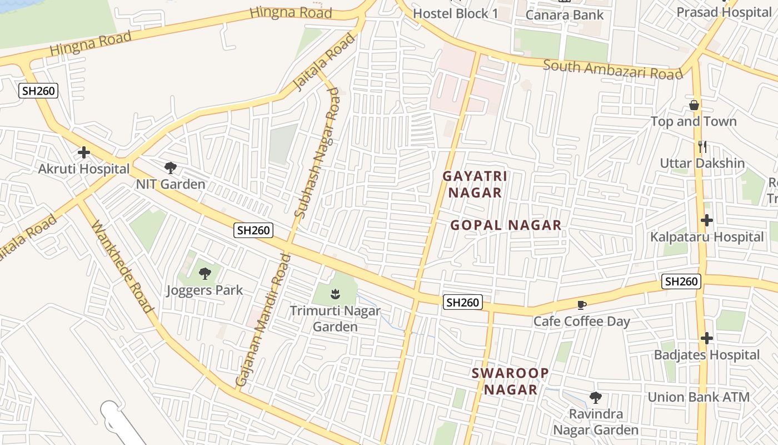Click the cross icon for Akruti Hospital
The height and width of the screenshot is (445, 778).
click(84, 152)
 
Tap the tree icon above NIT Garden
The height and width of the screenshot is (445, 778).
click(171, 167)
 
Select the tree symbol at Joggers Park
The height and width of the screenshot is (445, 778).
click(205, 273)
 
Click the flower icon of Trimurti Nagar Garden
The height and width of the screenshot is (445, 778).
click(335, 293)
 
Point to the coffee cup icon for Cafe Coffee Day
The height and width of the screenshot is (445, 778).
click(582, 304)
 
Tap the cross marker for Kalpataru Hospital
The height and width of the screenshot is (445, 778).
click(707, 220)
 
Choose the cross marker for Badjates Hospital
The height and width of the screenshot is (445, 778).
click(707, 338)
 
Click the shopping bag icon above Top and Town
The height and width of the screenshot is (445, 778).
click(694, 105)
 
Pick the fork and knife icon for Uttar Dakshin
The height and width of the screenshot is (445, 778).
click(702, 147)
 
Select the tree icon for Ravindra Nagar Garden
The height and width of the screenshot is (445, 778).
click(596, 398)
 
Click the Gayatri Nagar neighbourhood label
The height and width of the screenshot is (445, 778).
click(475, 184)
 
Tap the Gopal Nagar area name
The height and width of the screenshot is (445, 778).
click(506, 225)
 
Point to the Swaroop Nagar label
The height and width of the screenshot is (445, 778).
click(510, 381)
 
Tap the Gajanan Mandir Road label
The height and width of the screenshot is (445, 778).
click(263, 321)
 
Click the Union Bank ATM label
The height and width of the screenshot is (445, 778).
click(699, 397)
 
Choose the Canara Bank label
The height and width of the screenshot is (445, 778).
click(565, 15)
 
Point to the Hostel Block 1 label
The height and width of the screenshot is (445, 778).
click(456, 13)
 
